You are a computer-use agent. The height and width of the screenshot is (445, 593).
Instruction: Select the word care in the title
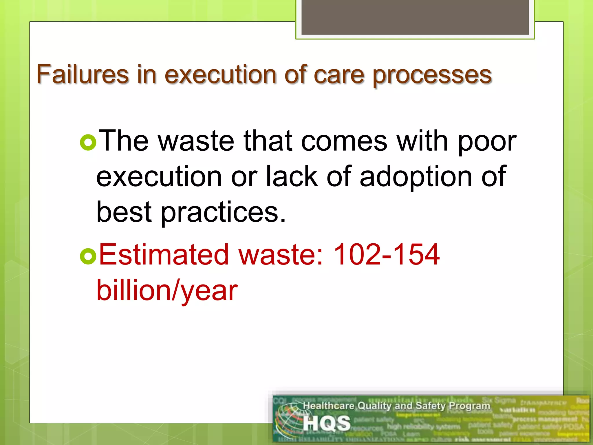[338, 75]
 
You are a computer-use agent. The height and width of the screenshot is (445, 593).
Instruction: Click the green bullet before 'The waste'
[88, 143]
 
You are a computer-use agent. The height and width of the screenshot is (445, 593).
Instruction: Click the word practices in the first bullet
[223, 212]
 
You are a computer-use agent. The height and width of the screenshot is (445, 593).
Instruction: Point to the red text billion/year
[167, 291]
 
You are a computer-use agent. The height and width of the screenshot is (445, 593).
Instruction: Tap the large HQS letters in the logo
[327, 423]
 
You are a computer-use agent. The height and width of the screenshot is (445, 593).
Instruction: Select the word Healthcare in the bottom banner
[329, 406]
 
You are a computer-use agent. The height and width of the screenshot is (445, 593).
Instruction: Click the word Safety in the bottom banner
[431, 406]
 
